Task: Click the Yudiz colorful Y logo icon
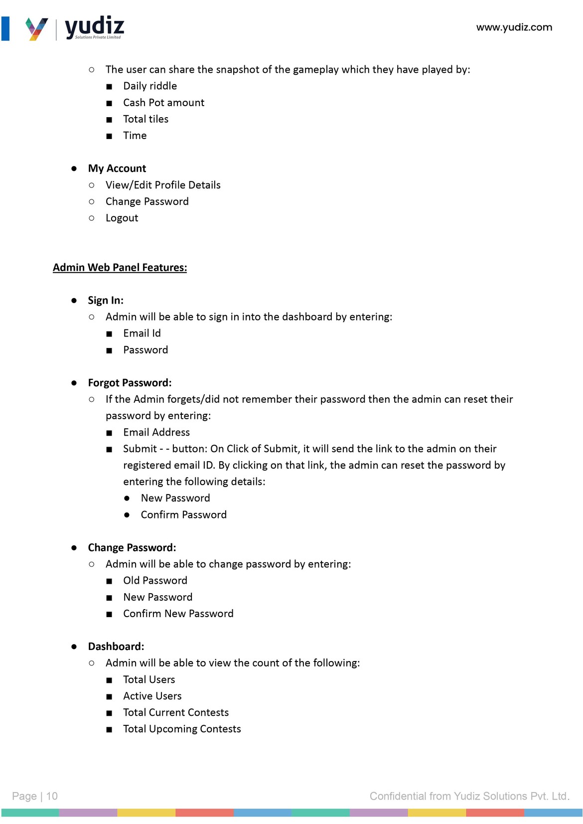tap(36, 29)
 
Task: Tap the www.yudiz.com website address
tap(514, 27)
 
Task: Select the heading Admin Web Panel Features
tap(120, 268)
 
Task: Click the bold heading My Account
tap(117, 168)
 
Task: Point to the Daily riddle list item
tap(150, 86)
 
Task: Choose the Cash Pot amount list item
tap(163, 103)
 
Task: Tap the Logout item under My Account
tap(122, 218)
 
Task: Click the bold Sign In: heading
tap(106, 301)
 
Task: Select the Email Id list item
tap(142, 333)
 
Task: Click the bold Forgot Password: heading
tap(130, 383)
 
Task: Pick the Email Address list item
tap(156, 432)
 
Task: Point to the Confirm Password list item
tap(183, 515)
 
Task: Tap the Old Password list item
tap(155, 581)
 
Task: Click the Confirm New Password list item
tap(178, 614)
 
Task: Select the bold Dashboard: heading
tap(116, 647)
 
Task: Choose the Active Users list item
tap(152, 696)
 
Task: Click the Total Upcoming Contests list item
tap(182, 729)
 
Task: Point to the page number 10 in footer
tap(52, 796)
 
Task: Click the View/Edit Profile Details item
tap(163, 185)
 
